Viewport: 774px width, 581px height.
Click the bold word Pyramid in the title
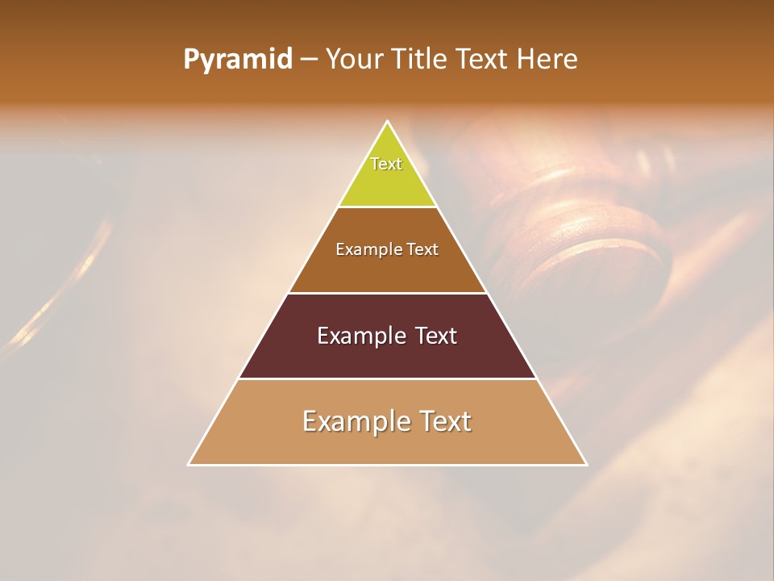(237, 60)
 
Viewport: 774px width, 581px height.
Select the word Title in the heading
(421, 60)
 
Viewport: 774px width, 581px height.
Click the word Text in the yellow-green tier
(386, 164)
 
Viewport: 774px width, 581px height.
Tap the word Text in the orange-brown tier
(422, 250)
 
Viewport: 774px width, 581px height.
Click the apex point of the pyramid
(388, 122)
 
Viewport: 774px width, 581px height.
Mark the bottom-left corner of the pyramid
(189, 465)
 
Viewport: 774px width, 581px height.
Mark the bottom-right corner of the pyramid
(586, 465)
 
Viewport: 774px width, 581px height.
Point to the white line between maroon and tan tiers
(388, 378)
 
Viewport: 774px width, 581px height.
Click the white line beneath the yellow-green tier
(388, 207)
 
